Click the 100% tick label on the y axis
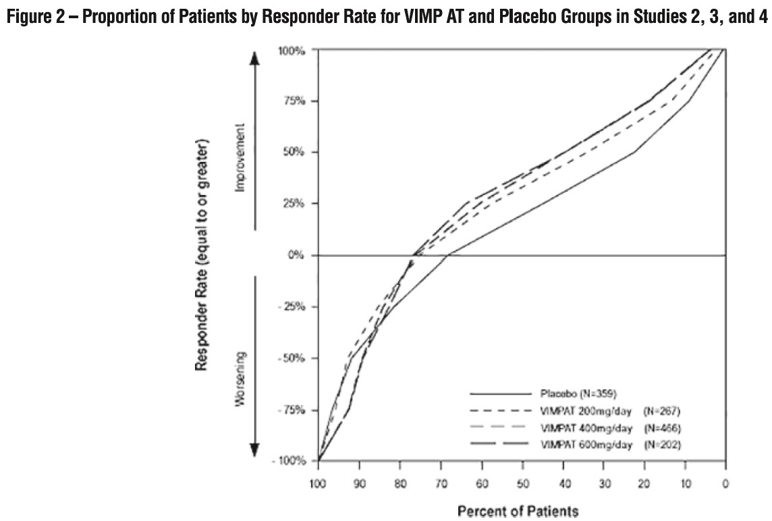click(292, 51)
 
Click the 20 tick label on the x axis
click(644, 483)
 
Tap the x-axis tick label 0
click(725, 483)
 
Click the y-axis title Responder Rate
click(200, 255)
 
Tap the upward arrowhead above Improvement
click(255, 59)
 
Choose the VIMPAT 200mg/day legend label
click(586, 410)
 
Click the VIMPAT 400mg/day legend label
click(586, 427)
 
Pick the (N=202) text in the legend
click(662, 445)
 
